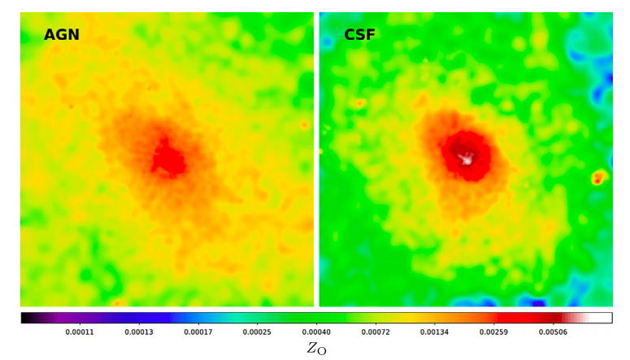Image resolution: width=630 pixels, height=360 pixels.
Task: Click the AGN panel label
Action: point(62,35)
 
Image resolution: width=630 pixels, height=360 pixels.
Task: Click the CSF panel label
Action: point(359,35)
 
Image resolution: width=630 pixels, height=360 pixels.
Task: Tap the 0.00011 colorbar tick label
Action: point(79,332)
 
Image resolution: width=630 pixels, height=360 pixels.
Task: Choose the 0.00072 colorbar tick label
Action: point(375,332)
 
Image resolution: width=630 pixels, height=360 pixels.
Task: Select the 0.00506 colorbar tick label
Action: point(553,332)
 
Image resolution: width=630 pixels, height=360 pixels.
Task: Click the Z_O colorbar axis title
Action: point(316,349)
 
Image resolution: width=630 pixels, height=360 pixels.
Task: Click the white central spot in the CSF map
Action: point(467,159)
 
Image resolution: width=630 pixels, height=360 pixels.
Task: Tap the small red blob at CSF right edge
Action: point(600,176)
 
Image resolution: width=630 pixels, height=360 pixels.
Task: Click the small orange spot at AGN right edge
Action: point(305,124)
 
